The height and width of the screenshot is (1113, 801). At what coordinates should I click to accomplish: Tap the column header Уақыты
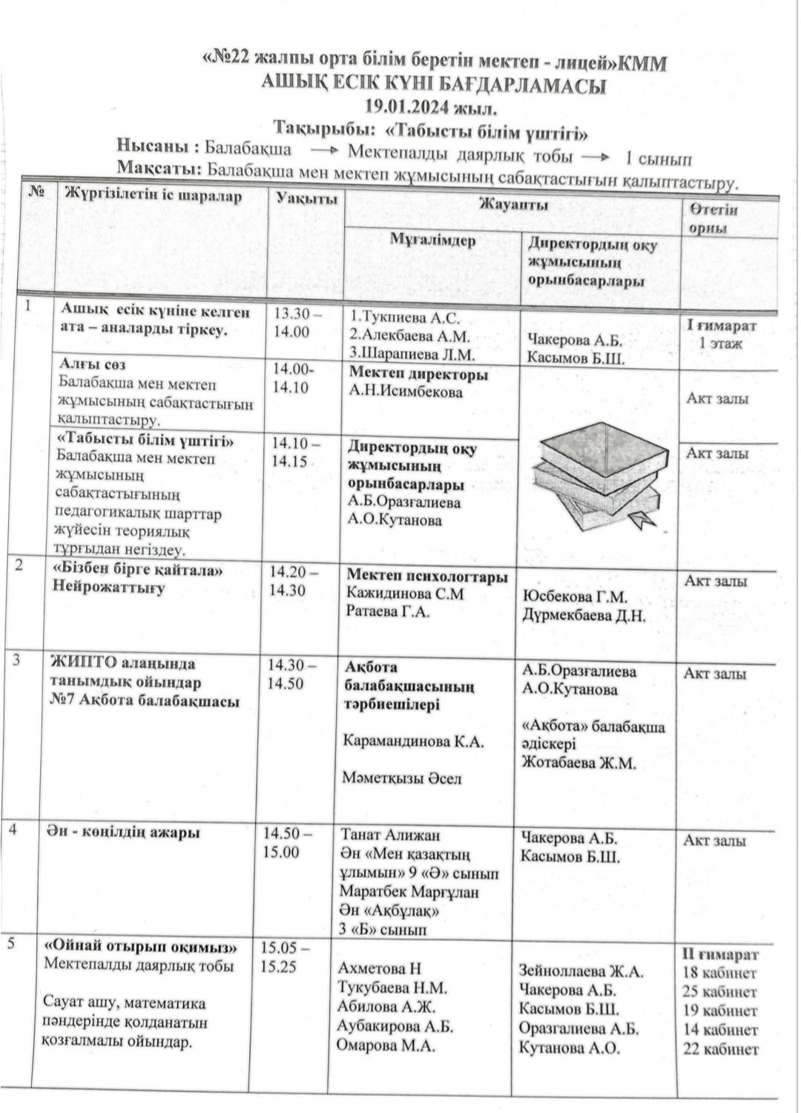pyautogui.click(x=307, y=198)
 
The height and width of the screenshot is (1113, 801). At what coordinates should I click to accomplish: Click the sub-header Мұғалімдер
pyautogui.click(x=433, y=240)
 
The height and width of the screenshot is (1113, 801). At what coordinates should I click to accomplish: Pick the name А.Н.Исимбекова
pyautogui.click(x=405, y=392)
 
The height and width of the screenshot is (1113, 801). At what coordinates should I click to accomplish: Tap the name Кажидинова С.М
pyautogui.click(x=405, y=594)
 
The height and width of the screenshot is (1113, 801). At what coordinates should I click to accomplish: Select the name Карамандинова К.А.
pyautogui.click(x=413, y=741)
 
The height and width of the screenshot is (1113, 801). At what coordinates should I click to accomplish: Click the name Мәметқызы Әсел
pyautogui.click(x=401, y=778)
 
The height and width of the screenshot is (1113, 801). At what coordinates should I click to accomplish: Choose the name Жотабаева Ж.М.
pyautogui.click(x=578, y=763)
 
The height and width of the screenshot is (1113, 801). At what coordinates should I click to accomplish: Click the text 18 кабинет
pyautogui.click(x=719, y=973)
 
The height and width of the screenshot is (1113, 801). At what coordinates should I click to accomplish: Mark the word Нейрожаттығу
pyautogui.click(x=108, y=588)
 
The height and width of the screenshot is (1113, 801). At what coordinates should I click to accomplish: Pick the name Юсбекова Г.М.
pyautogui.click(x=575, y=597)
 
